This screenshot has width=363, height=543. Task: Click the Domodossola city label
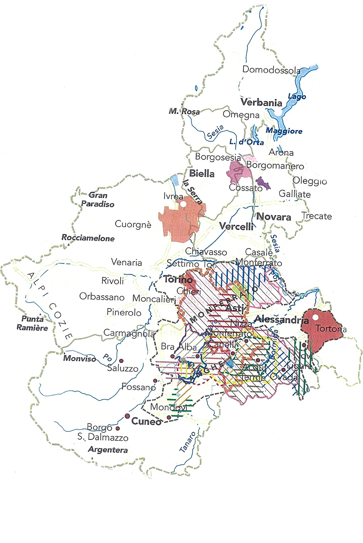pyautogui.click(x=271, y=70)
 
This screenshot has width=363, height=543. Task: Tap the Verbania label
pyautogui.click(x=261, y=103)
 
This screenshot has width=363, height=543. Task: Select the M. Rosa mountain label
pyautogui.click(x=184, y=111)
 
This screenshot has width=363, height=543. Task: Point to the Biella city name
pyautogui.click(x=202, y=174)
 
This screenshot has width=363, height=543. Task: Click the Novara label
pyautogui.click(x=274, y=217)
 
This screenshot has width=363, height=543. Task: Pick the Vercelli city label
pyautogui.click(x=236, y=227)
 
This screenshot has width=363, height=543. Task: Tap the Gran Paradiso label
pyautogui.click(x=97, y=199)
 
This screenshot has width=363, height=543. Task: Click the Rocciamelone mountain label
pyautogui.click(x=88, y=238)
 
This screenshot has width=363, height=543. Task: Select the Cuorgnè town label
pyautogui.click(x=133, y=225)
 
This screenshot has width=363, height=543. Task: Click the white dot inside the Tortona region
pyautogui.click(x=315, y=317)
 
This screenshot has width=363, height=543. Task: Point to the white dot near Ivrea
pyautogui.click(x=184, y=205)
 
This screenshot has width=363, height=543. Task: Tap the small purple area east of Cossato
pyautogui.click(x=263, y=183)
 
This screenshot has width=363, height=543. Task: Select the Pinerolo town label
pyautogui.click(x=124, y=312)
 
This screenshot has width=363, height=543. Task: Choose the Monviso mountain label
pyautogui.click(x=79, y=358)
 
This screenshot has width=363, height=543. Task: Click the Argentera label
pyautogui.click(x=108, y=450)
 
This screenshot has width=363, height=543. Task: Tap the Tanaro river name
pyautogui.click(x=188, y=442)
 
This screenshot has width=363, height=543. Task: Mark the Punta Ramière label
pyautogui.click(x=32, y=323)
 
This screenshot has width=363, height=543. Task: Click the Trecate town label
pyautogui.click(x=317, y=216)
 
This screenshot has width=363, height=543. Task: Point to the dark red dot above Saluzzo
pyautogui.click(x=121, y=361)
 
